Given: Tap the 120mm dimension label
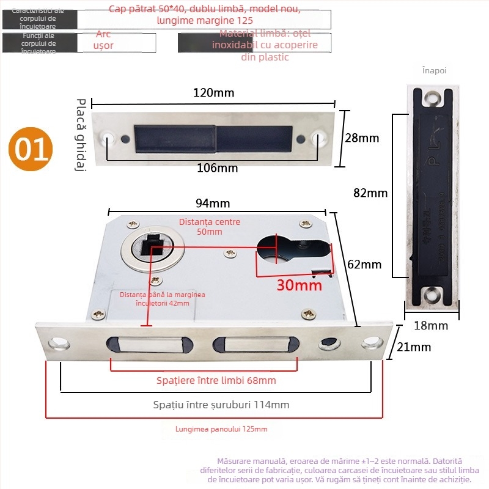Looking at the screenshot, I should pos(214,93).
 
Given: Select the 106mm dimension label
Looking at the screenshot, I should pos(218,168).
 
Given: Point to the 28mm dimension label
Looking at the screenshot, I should pos(362,138).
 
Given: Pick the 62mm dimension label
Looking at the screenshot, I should pos(364,265).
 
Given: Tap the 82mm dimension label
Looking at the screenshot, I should pos(370,193).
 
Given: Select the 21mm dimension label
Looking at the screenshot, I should pos(417,347).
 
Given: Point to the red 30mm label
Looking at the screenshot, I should pos(299,285).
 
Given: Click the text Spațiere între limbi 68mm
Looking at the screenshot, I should pos(216,381).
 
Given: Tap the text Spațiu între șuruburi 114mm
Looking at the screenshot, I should pos(221,405).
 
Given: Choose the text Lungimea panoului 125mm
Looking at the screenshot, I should pos(221,429).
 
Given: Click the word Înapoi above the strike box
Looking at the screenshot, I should pos(435,70).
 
